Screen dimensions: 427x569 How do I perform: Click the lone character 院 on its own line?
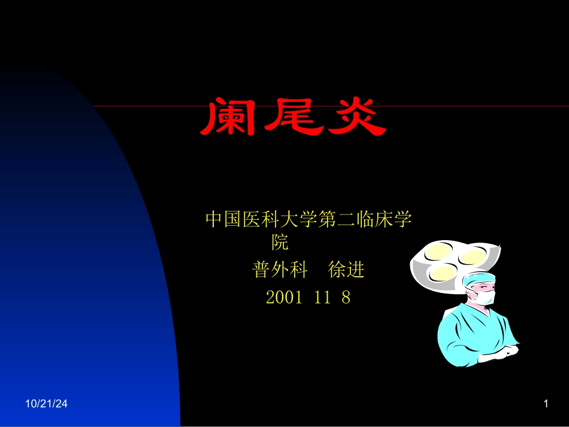[280, 243]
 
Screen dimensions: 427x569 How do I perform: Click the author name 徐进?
[347, 271]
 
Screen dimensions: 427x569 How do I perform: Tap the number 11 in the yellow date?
[322, 298]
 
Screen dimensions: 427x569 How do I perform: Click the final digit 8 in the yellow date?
[346, 298]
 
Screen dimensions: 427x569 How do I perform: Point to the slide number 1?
[546, 405]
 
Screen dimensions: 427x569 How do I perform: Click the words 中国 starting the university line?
[223, 220]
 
